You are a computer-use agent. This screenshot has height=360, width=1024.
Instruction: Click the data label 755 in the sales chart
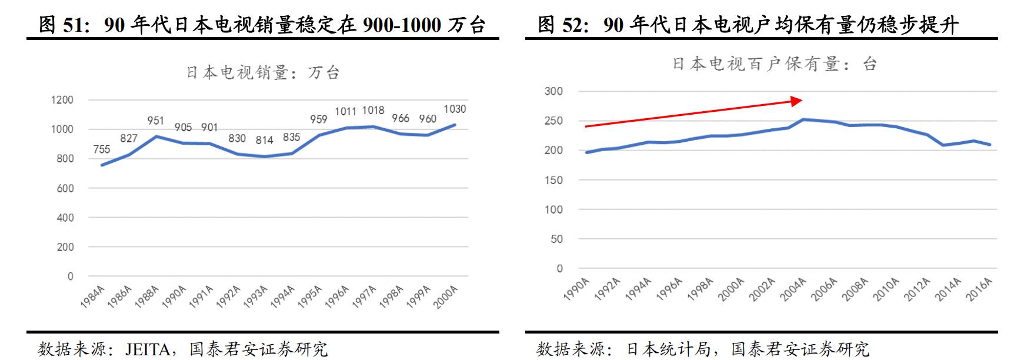click(x=102, y=149)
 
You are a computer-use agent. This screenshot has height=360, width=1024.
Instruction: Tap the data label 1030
click(x=455, y=109)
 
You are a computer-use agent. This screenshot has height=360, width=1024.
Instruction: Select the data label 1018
click(x=373, y=111)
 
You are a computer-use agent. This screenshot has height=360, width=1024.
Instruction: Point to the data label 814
click(x=264, y=140)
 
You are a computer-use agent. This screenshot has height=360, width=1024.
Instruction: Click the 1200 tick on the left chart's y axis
click(x=62, y=100)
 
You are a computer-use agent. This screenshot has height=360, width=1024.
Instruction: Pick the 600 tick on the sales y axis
click(x=65, y=188)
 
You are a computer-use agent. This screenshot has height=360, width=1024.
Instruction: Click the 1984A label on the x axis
click(x=93, y=296)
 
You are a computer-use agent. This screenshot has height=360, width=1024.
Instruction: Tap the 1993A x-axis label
click(x=256, y=296)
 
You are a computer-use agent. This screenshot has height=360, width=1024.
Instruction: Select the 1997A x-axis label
click(x=364, y=296)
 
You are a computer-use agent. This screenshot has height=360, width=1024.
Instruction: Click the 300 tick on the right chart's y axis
click(x=553, y=91)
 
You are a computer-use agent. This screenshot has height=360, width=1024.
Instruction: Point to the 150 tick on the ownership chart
click(x=553, y=180)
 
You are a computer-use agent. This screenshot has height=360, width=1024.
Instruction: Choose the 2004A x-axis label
click(x=793, y=289)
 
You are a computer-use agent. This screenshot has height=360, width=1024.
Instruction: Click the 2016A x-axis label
click(x=979, y=289)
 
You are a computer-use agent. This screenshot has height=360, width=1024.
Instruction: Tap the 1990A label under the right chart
click(x=576, y=289)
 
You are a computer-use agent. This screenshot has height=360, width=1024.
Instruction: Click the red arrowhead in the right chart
click(x=796, y=101)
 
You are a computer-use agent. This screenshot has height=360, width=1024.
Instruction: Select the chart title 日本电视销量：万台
click(x=263, y=72)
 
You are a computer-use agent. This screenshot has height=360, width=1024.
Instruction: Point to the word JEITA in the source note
click(x=148, y=349)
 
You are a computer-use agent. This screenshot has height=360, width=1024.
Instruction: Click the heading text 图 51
click(x=62, y=25)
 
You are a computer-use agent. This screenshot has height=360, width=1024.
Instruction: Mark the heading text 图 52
click(x=562, y=25)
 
